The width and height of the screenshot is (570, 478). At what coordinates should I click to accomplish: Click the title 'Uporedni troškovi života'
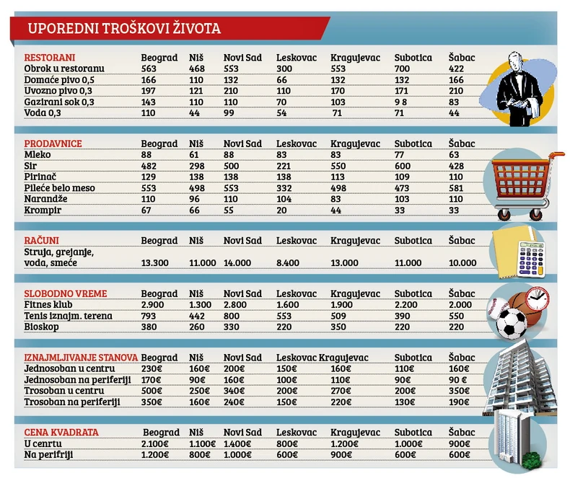(124, 30)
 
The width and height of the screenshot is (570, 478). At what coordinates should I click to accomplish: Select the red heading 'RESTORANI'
(50, 57)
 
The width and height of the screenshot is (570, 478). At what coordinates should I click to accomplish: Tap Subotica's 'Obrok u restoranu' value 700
(403, 68)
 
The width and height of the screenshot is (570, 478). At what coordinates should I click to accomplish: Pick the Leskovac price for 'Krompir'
(283, 211)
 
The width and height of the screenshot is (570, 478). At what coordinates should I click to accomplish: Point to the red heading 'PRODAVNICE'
(53, 143)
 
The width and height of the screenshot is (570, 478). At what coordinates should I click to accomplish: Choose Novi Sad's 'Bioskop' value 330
(231, 327)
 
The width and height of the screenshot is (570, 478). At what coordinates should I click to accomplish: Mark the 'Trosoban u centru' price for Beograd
(152, 391)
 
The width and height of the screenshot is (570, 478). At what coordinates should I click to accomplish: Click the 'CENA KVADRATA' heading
(61, 432)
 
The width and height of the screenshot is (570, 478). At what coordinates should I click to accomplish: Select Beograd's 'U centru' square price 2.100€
(156, 443)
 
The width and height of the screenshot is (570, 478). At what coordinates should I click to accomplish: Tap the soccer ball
(513, 324)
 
